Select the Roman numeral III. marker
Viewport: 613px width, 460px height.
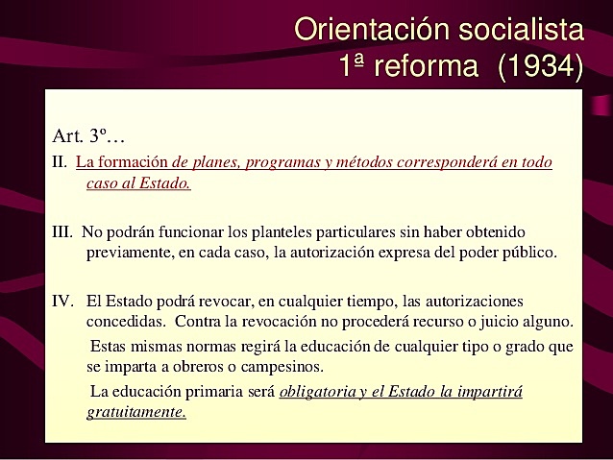coord(63,232)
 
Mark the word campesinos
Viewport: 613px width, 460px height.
coord(280,366)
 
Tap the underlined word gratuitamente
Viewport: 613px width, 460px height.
coord(135,412)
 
